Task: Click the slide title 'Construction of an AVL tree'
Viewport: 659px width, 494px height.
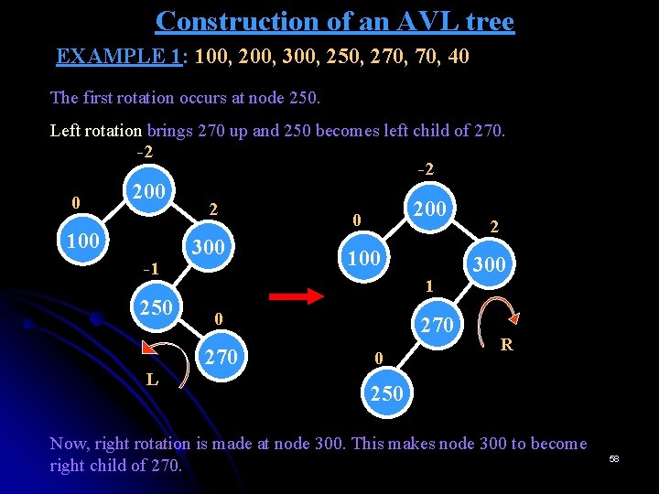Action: [335, 20]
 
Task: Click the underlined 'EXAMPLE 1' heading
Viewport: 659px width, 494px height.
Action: [118, 57]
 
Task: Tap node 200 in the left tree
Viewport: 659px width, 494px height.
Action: [148, 192]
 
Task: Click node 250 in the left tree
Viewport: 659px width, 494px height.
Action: [157, 306]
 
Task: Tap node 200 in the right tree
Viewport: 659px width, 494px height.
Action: [429, 209]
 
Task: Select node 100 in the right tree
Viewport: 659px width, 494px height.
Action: [364, 259]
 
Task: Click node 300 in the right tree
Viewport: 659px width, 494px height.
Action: [488, 265]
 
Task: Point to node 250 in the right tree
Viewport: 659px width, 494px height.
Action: [385, 393]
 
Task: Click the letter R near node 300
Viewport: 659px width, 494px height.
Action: [505, 345]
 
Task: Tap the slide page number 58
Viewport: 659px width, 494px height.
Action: [614, 457]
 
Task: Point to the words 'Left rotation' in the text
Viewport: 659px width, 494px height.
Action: [96, 130]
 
